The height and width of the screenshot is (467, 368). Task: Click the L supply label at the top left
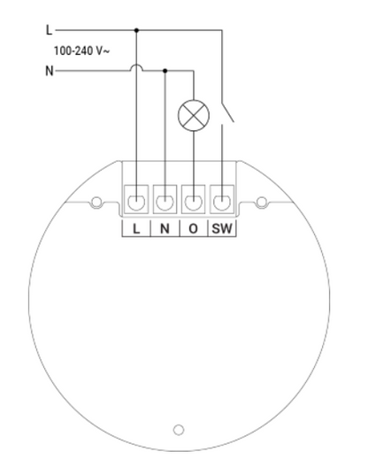click(49, 30)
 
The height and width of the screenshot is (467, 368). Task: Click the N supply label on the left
click(50, 71)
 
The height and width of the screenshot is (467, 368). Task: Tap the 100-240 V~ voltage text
click(81, 51)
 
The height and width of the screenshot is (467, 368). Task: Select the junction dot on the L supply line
click(136, 30)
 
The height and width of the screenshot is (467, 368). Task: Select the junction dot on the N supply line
click(165, 71)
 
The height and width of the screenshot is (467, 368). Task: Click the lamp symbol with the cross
click(194, 116)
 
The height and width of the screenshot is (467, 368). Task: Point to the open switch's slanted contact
click(227, 112)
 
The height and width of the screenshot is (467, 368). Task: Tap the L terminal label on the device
click(136, 229)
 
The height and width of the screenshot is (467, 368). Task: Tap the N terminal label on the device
click(165, 229)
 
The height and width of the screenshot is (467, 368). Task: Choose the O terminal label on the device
click(194, 229)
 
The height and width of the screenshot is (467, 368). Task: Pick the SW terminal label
click(222, 229)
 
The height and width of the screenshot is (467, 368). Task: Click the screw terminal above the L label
click(136, 199)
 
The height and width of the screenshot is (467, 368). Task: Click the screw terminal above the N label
click(165, 199)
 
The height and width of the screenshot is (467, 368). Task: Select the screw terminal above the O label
click(194, 199)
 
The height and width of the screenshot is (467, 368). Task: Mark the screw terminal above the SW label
click(222, 199)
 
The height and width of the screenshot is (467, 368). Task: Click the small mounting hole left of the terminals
click(96, 203)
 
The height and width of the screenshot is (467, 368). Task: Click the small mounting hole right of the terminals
click(262, 203)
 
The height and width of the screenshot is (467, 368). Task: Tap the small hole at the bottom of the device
click(179, 430)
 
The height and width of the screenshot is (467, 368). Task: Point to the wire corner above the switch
click(222, 30)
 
